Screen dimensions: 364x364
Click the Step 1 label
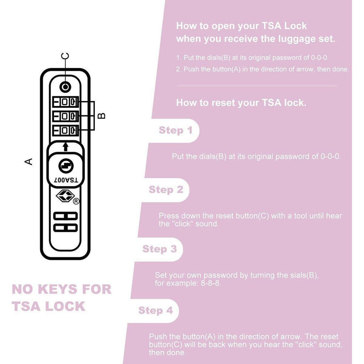175,130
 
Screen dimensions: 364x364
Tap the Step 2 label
166,189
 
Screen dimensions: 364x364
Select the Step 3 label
160,249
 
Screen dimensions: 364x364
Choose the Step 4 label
155,310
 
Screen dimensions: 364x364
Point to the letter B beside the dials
101,116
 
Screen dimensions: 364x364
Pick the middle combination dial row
65,116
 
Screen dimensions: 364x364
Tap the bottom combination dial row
65,130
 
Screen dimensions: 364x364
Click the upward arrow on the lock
65,146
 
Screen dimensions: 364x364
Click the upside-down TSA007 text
66,180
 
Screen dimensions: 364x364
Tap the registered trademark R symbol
76,202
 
